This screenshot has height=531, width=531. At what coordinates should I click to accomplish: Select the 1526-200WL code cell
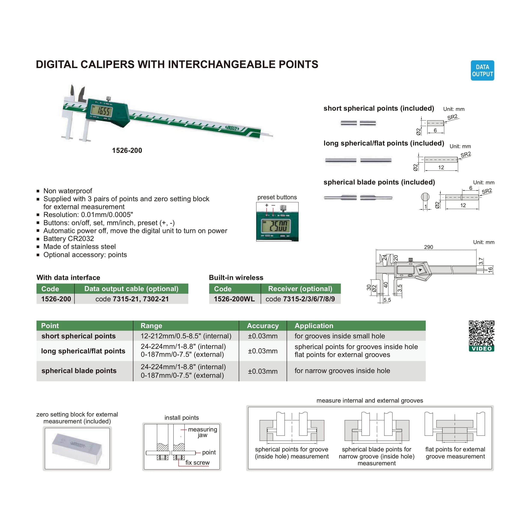pos(234,299)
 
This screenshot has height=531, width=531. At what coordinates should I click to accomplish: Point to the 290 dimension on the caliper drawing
pos(428,247)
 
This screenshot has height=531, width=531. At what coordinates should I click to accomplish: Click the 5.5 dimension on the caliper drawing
pos(387,300)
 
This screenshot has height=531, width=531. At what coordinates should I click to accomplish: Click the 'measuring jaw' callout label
pos(202,432)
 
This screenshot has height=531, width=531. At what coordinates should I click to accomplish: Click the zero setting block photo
pos(77,449)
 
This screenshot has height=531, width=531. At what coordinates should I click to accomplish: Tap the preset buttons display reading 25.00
pos(277,226)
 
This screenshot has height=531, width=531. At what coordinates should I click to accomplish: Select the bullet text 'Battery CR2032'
pos(68,239)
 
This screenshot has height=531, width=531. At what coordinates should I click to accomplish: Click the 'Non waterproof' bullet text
pos(68,191)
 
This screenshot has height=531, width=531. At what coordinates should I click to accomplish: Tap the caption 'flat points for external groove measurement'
pos(455,453)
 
